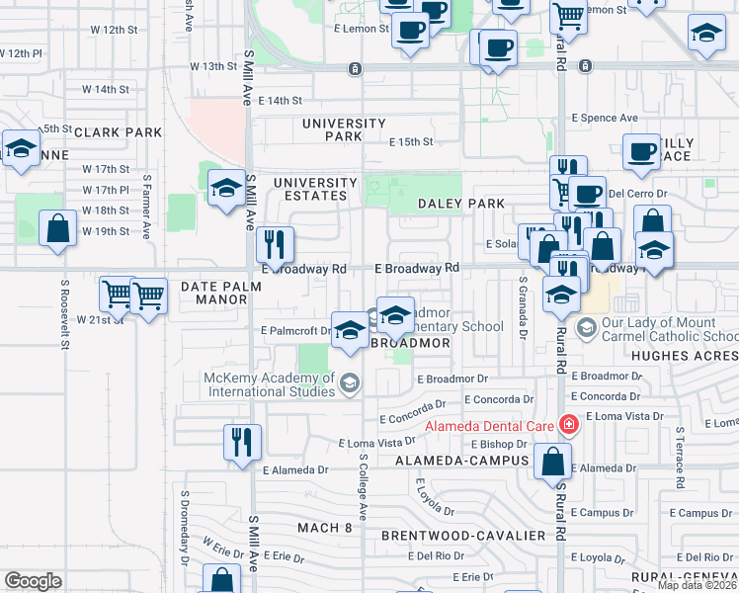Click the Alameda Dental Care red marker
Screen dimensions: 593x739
point(568,426)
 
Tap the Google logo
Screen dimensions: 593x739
point(33,581)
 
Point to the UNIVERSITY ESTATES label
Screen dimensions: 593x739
point(315,190)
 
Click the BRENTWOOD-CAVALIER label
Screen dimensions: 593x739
point(463,536)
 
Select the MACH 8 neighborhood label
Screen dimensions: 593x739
point(325,528)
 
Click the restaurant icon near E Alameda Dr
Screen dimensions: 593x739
point(242,444)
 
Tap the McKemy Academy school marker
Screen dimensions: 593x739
point(349,381)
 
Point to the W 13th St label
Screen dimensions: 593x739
point(214,67)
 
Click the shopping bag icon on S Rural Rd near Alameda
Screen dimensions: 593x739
point(554,461)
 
